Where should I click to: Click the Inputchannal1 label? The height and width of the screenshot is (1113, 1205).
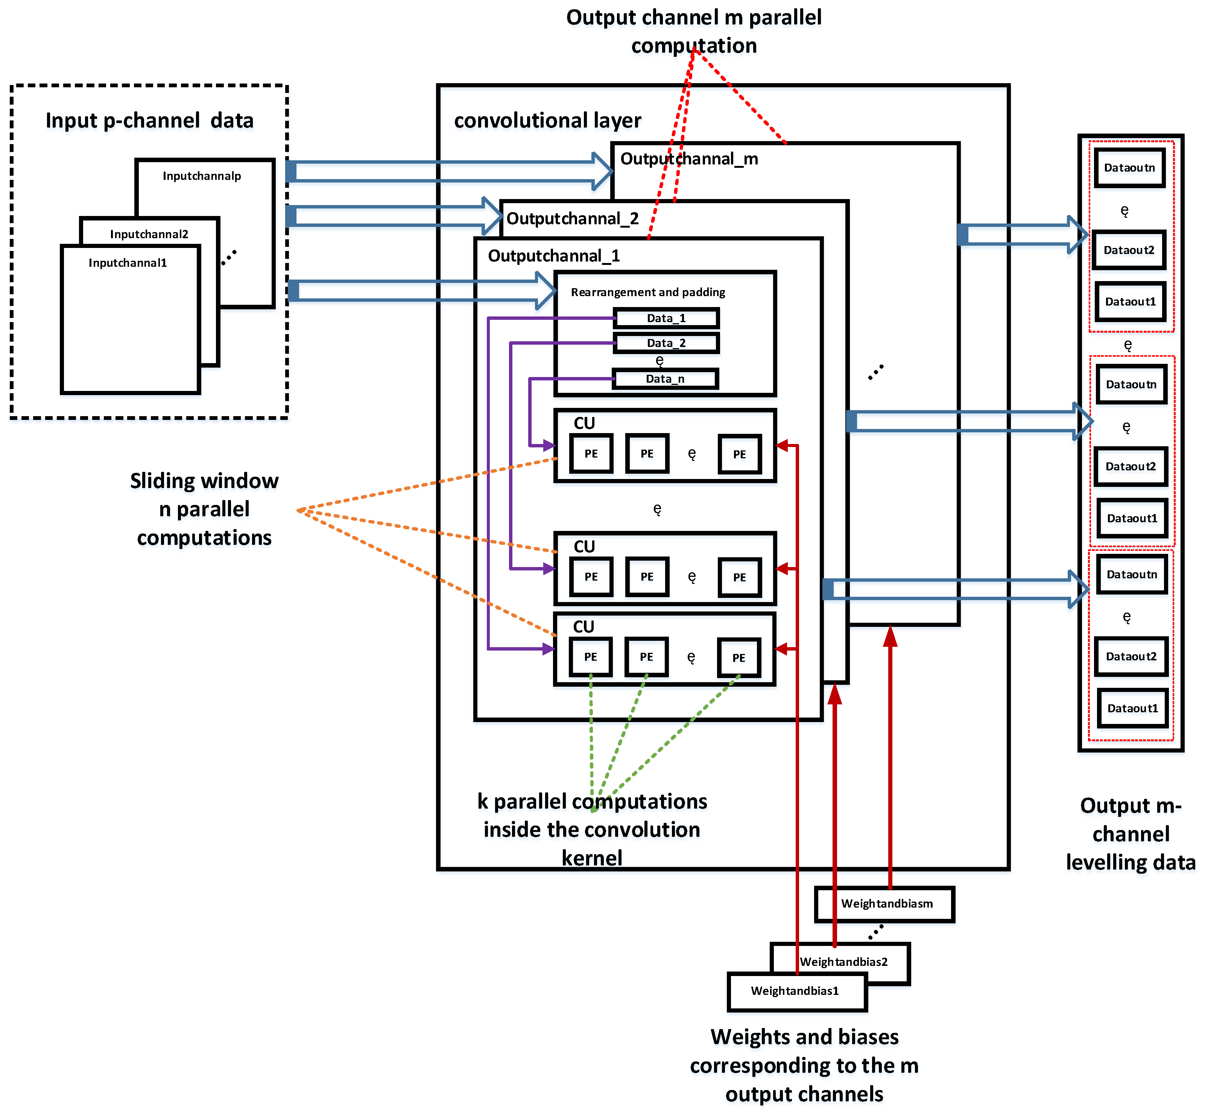(128, 263)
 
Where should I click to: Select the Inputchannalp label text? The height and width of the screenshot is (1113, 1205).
(202, 176)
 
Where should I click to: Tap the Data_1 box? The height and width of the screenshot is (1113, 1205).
(666, 318)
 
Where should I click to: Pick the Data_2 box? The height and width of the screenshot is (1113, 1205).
(666, 343)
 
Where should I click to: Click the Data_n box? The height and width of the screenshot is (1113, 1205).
(665, 379)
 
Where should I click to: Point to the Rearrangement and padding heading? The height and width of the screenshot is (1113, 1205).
(648, 292)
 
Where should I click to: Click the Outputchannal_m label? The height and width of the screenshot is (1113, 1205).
(689, 159)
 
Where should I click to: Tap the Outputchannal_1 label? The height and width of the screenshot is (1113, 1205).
(553, 256)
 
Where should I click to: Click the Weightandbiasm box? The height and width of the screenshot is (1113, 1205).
(886, 903)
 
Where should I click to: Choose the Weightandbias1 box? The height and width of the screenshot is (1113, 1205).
(795, 991)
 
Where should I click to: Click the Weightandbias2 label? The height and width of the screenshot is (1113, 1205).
(843, 962)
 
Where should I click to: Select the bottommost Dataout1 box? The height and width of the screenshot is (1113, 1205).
(1132, 708)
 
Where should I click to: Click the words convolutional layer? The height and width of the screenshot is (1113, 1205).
(547, 120)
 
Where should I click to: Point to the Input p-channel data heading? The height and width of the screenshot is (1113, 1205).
(149, 120)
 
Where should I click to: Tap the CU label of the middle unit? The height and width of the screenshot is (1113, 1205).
(584, 546)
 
